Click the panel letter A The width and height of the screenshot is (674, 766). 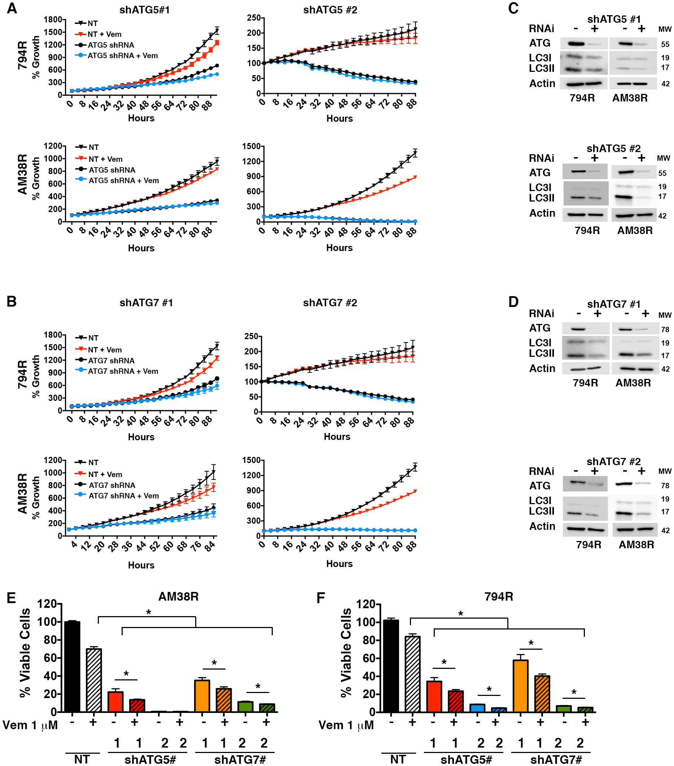(x=12, y=8)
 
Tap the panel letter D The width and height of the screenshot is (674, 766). (x=513, y=302)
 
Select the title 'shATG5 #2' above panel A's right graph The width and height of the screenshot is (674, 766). (x=330, y=10)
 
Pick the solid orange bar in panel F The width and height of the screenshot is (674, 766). (x=520, y=686)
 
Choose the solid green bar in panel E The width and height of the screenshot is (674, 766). (x=245, y=706)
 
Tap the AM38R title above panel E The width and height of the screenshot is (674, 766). (x=178, y=596)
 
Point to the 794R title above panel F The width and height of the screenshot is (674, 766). (x=498, y=596)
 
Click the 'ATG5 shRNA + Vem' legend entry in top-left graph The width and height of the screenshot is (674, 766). (x=122, y=56)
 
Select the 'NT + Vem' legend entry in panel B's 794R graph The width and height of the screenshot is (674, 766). (x=105, y=350)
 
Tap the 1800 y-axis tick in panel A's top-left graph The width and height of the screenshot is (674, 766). (x=53, y=20)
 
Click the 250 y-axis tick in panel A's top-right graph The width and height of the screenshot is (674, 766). (x=254, y=18)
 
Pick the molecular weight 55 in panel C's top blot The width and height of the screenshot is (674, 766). (x=665, y=44)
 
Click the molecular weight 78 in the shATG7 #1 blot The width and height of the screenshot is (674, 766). (x=665, y=329)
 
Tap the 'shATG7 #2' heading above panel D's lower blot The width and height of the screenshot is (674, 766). (x=613, y=461)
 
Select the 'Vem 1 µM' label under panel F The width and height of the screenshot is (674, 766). (x=346, y=725)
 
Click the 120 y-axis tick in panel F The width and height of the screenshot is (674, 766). (x=366, y=604)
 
